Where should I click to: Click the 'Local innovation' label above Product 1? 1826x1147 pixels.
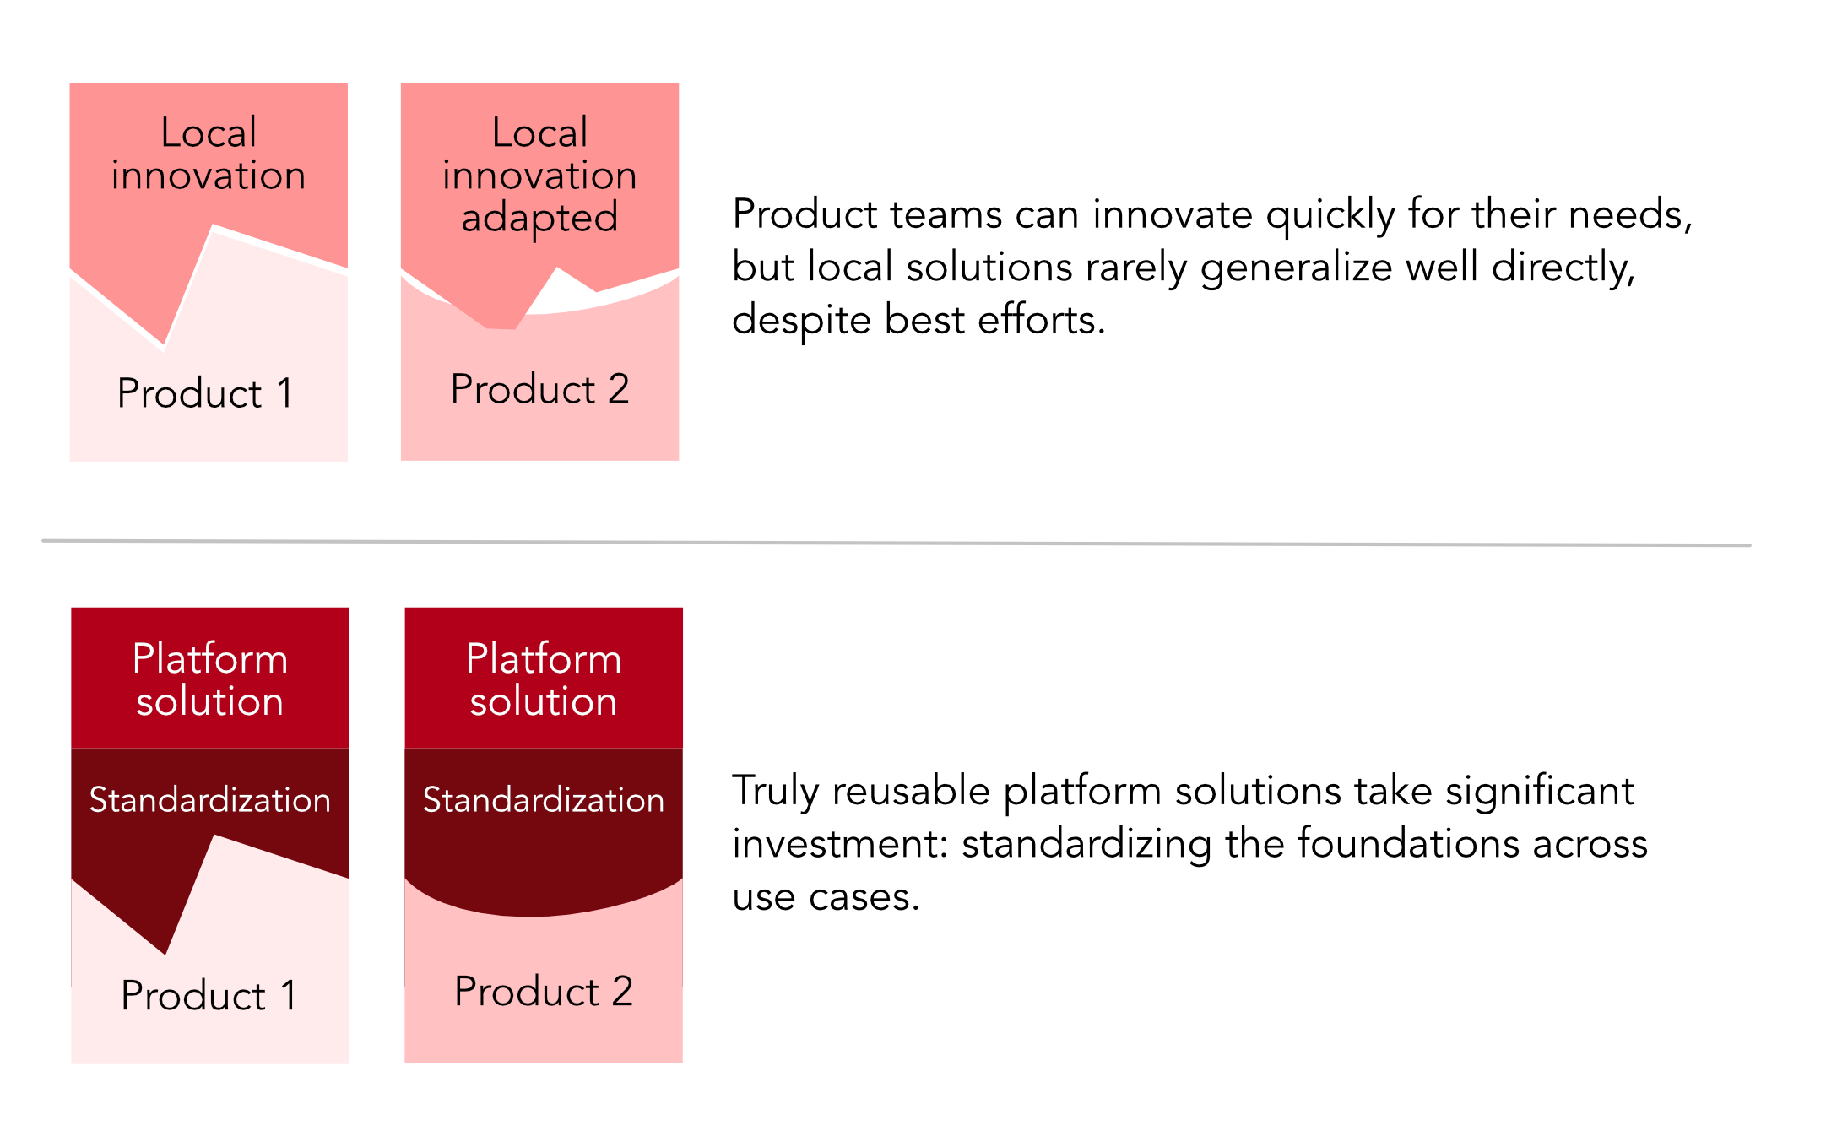click(209, 154)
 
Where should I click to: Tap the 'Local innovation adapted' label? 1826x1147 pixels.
click(540, 176)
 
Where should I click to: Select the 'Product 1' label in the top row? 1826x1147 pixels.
click(205, 393)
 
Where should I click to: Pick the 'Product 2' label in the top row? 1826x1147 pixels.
click(540, 389)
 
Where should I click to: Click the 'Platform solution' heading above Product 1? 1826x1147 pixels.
click(210, 679)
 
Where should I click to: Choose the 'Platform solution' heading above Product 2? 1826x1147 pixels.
click(544, 679)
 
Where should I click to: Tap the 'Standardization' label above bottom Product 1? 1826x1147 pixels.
click(210, 800)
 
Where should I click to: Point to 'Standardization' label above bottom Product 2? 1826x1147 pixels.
click(544, 800)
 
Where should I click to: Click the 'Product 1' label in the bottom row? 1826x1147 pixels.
click(209, 995)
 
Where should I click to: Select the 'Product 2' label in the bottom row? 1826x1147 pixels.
click(544, 991)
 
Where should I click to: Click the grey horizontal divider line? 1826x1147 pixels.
click(897, 543)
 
